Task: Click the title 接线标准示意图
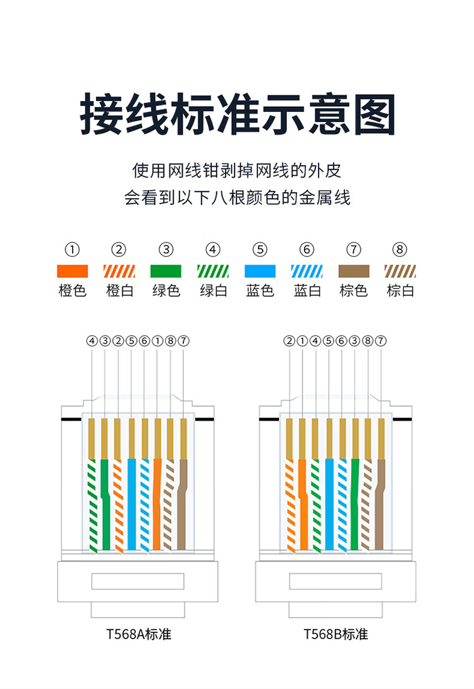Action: [x=237, y=116]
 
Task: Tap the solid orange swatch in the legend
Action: [x=72, y=271]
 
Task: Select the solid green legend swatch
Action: [x=166, y=271]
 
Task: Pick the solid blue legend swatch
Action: [x=260, y=271]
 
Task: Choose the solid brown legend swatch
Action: [x=354, y=271]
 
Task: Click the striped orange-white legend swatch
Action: [x=119, y=271]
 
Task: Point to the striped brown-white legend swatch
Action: [x=400, y=271]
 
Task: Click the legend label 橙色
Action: [x=72, y=291]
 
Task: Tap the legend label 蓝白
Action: [x=307, y=291]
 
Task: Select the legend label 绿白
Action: [x=213, y=291]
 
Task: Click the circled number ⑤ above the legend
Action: [x=260, y=249]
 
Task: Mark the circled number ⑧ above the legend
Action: [x=400, y=249]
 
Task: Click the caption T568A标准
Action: [x=138, y=633]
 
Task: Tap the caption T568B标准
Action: [x=336, y=633]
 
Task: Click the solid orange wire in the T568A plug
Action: [x=157, y=505]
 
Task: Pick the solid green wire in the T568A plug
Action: [x=105, y=505]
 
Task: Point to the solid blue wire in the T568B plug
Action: [x=329, y=505]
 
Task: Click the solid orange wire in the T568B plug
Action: [x=303, y=505]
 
